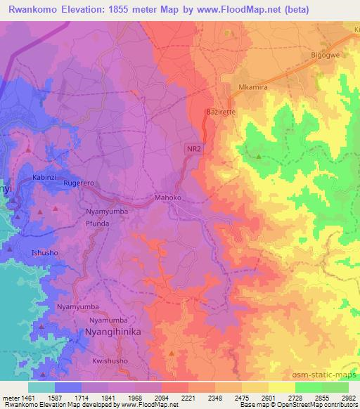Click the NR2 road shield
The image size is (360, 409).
[195, 148]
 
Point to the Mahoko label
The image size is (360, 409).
[169, 198]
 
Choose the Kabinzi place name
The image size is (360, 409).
[44, 178]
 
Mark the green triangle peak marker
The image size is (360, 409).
[259, 157]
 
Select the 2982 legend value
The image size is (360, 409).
[349, 397]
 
